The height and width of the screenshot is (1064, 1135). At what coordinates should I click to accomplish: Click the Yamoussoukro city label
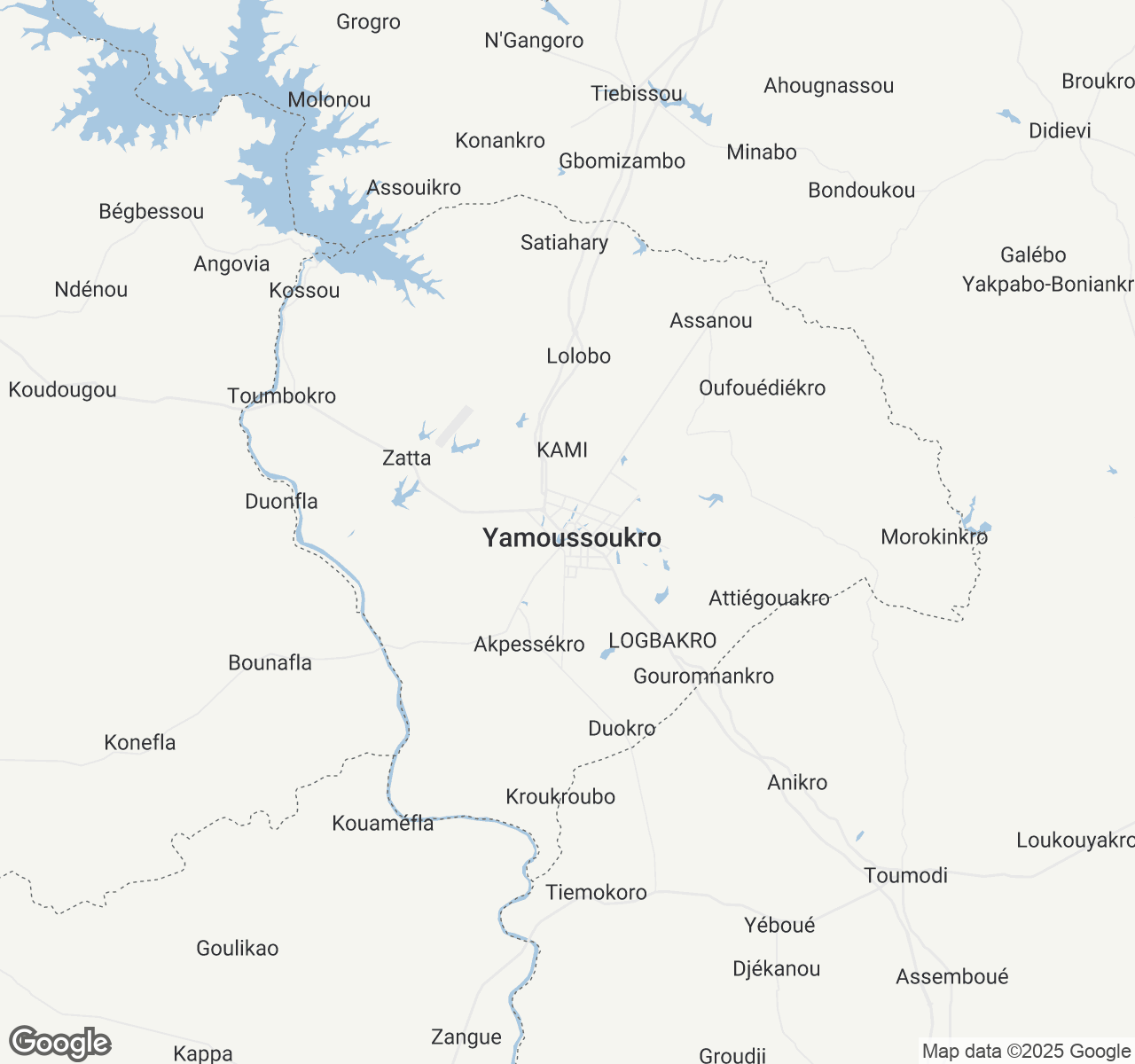(x=572, y=537)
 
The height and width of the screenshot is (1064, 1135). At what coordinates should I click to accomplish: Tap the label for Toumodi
(x=905, y=875)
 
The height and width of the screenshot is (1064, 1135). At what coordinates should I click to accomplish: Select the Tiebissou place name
(x=637, y=93)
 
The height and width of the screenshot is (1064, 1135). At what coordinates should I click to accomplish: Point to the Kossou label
(x=304, y=290)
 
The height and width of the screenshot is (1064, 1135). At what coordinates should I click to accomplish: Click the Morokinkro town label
(x=934, y=536)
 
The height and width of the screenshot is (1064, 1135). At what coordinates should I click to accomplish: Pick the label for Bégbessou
(x=152, y=211)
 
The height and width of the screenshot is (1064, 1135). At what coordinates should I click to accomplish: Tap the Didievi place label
(x=1060, y=130)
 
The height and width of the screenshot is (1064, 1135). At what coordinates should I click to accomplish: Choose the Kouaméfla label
(x=383, y=823)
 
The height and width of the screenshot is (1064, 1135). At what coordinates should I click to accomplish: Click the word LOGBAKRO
(x=662, y=640)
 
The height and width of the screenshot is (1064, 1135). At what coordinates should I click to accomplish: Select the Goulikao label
(x=238, y=948)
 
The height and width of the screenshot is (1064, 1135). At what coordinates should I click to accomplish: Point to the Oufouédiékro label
(x=762, y=387)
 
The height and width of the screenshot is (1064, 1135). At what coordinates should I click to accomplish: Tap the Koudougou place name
(x=62, y=389)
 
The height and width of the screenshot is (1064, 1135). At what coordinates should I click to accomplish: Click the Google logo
(x=60, y=1043)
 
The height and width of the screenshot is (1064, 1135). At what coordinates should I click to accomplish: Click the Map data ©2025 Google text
(x=1026, y=1051)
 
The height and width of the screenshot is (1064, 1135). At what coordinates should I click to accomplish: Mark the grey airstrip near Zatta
(x=454, y=426)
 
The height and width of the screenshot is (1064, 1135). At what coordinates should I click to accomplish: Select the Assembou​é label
(x=952, y=976)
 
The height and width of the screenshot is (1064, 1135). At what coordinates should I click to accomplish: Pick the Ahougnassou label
(x=828, y=85)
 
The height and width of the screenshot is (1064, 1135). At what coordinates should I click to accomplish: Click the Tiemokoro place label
(x=596, y=892)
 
